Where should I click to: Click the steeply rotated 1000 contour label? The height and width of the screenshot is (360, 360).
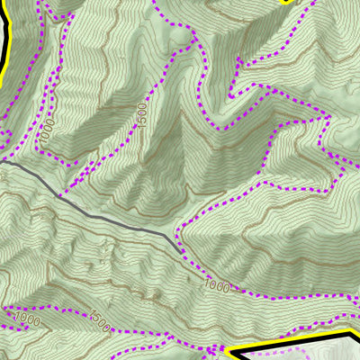(x=48, y=131)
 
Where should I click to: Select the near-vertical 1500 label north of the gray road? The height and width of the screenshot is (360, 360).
(x=141, y=115)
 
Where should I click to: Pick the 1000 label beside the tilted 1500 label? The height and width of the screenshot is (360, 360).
(x=28, y=318)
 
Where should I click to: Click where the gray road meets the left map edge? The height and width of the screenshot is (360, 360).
(x=2, y=162)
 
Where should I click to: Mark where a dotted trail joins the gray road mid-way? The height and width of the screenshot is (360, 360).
(x=60, y=194)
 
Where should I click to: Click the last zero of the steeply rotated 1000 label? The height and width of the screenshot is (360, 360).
(x=50, y=121)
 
